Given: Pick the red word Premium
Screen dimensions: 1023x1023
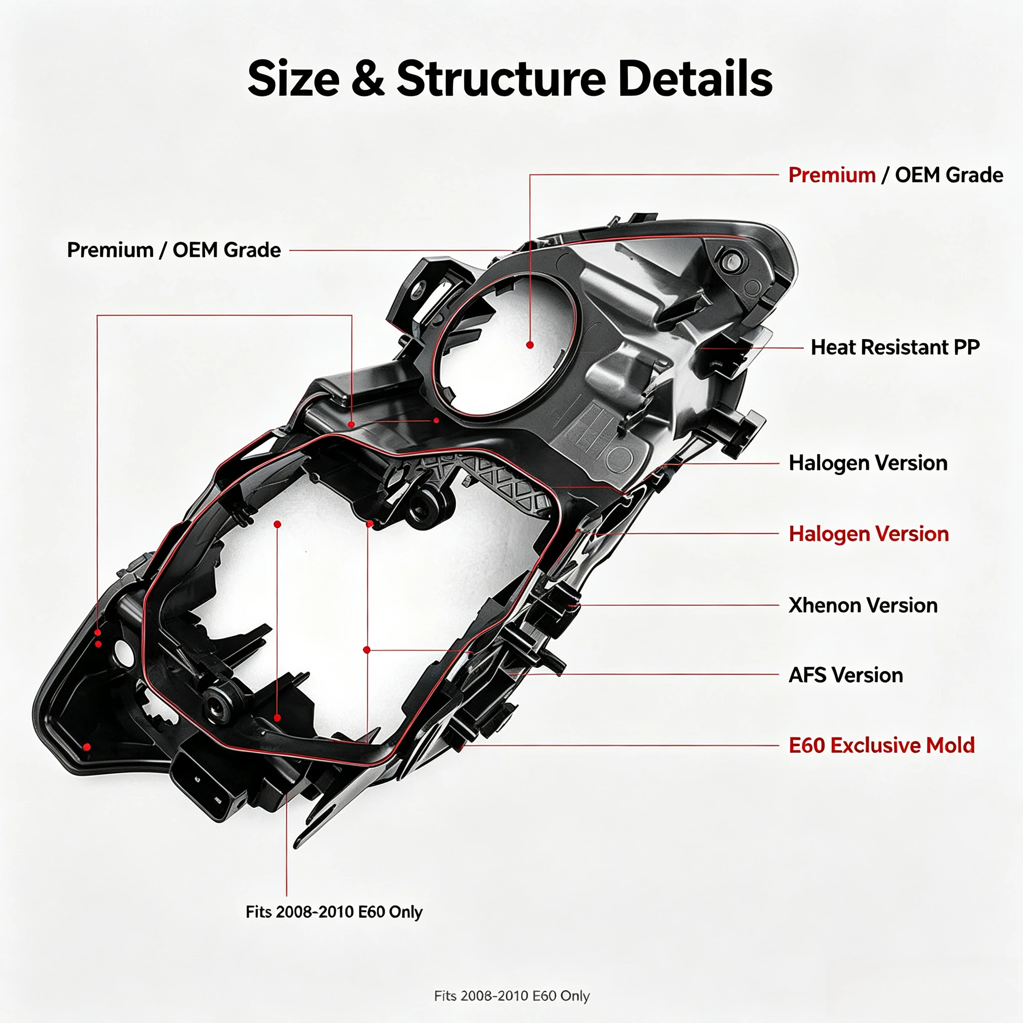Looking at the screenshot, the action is [832, 175].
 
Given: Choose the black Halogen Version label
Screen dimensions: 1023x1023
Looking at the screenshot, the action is [868, 463].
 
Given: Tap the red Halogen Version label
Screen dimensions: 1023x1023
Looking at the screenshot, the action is [868, 534].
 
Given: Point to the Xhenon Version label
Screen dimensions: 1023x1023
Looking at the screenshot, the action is [863, 605].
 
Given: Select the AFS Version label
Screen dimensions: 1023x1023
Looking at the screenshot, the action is [846, 675].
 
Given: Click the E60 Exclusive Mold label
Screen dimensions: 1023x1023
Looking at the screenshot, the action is [882, 746].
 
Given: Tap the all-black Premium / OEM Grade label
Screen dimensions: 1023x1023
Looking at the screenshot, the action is [174, 250].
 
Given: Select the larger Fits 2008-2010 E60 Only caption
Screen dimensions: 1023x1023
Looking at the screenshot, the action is [334, 912].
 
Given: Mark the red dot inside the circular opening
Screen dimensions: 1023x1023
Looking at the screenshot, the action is [530, 345].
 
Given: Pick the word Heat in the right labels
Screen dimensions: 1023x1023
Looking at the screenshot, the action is [833, 347].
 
